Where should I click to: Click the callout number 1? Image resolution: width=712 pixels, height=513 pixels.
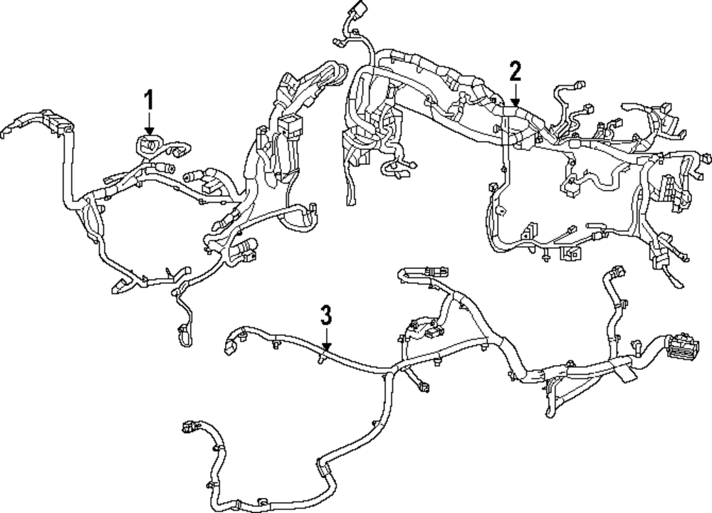[x=150, y=99]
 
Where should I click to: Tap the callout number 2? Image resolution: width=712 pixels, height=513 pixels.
[x=515, y=72]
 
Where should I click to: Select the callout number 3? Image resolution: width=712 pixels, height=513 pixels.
[x=325, y=314]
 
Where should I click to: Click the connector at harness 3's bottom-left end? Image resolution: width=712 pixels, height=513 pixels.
[x=188, y=428]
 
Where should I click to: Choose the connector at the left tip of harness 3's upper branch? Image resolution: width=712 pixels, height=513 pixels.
[x=230, y=347]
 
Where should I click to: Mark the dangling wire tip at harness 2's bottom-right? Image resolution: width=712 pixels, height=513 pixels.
[x=680, y=284]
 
